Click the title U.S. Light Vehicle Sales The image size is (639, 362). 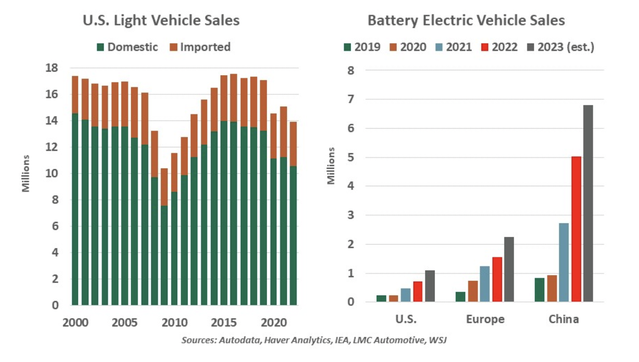(x=161, y=20)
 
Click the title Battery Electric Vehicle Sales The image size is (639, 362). (x=466, y=20)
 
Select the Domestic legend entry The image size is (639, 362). (x=127, y=47)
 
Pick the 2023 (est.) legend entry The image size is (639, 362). (x=561, y=47)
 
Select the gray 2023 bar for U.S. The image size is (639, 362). (x=430, y=286)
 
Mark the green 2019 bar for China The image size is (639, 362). (x=539, y=290)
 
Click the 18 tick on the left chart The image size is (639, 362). (x=52, y=68)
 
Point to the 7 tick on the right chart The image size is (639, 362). (x=351, y=99)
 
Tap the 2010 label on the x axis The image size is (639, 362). (x=174, y=323)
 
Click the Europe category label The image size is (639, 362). (x=485, y=319)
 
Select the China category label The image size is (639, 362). (x=564, y=319)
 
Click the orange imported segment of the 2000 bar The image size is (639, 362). (x=75, y=95)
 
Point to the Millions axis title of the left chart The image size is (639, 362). (x=26, y=173)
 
